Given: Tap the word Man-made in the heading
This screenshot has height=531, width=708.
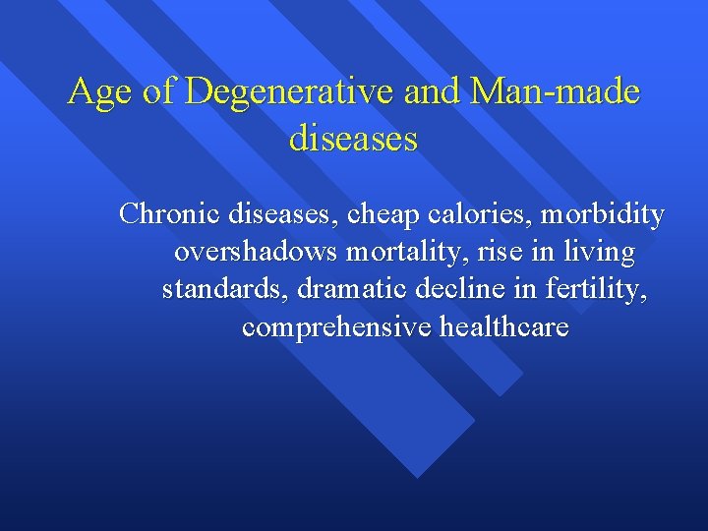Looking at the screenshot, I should (556, 92).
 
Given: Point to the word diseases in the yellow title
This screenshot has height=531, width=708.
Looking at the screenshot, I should (353, 138).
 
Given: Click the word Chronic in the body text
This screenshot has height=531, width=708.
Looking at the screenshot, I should (170, 213).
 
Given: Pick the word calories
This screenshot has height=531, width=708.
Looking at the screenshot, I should (500, 213).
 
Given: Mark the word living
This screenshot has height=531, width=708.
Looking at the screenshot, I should (597, 253).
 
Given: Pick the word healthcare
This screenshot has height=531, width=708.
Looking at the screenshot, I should (501, 327).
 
